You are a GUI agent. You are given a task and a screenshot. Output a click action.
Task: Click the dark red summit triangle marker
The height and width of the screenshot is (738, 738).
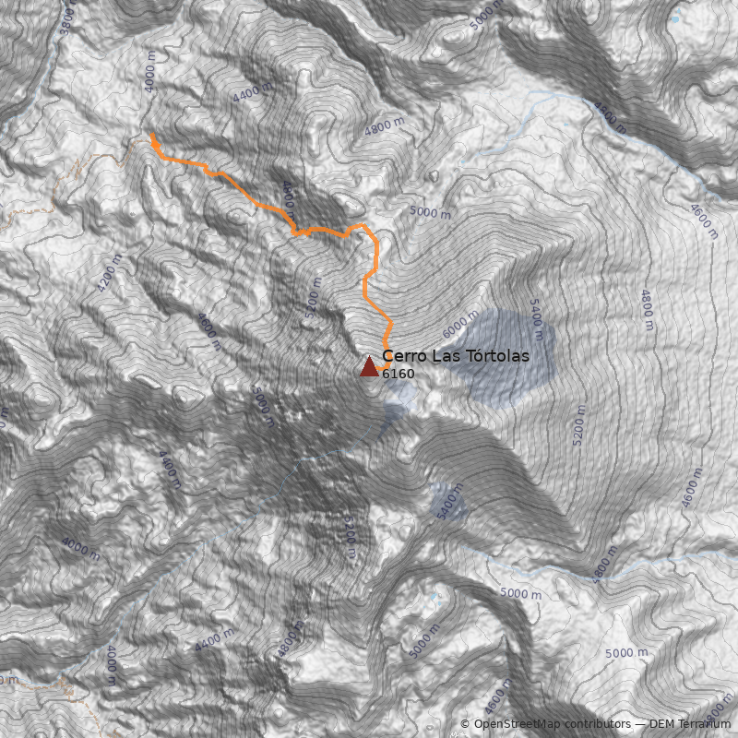[x=369, y=366]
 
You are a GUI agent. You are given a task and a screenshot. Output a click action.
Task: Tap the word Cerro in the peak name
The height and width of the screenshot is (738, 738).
[x=401, y=356]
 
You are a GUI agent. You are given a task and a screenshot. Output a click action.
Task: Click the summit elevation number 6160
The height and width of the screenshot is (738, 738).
[x=398, y=374]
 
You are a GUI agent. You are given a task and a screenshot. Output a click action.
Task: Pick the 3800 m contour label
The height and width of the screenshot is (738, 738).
[x=65, y=16]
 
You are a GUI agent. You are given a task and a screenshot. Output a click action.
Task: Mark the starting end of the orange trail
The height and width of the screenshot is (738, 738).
[x=152, y=136]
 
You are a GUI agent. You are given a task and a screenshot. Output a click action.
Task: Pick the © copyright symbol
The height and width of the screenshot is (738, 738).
[x=465, y=724]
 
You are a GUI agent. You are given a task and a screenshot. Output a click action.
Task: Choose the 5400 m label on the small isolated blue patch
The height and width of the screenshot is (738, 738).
[x=448, y=504]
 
